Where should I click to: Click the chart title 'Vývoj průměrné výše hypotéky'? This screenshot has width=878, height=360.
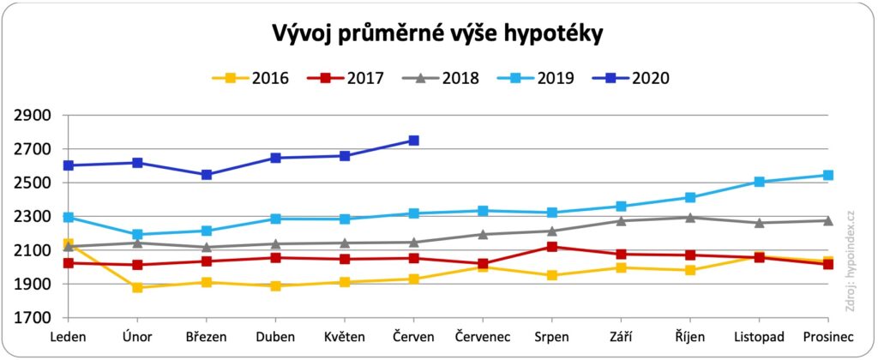[438, 35]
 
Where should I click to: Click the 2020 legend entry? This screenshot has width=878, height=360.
[630, 78]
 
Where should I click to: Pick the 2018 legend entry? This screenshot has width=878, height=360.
[441, 78]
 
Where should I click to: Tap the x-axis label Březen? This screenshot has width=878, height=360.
[207, 337]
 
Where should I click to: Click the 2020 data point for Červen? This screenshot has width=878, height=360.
[413, 141]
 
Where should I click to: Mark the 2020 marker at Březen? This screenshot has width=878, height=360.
[207, 175]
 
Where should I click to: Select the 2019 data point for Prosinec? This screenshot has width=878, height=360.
[827, 175]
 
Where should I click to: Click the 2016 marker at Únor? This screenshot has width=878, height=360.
[138, 287]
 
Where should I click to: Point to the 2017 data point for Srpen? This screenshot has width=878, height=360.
[551, 247]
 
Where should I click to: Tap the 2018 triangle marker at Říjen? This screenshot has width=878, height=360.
[689, 217]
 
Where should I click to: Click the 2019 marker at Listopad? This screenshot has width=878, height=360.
[758, 182]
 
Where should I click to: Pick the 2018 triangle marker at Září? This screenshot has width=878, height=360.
[620, 220]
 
